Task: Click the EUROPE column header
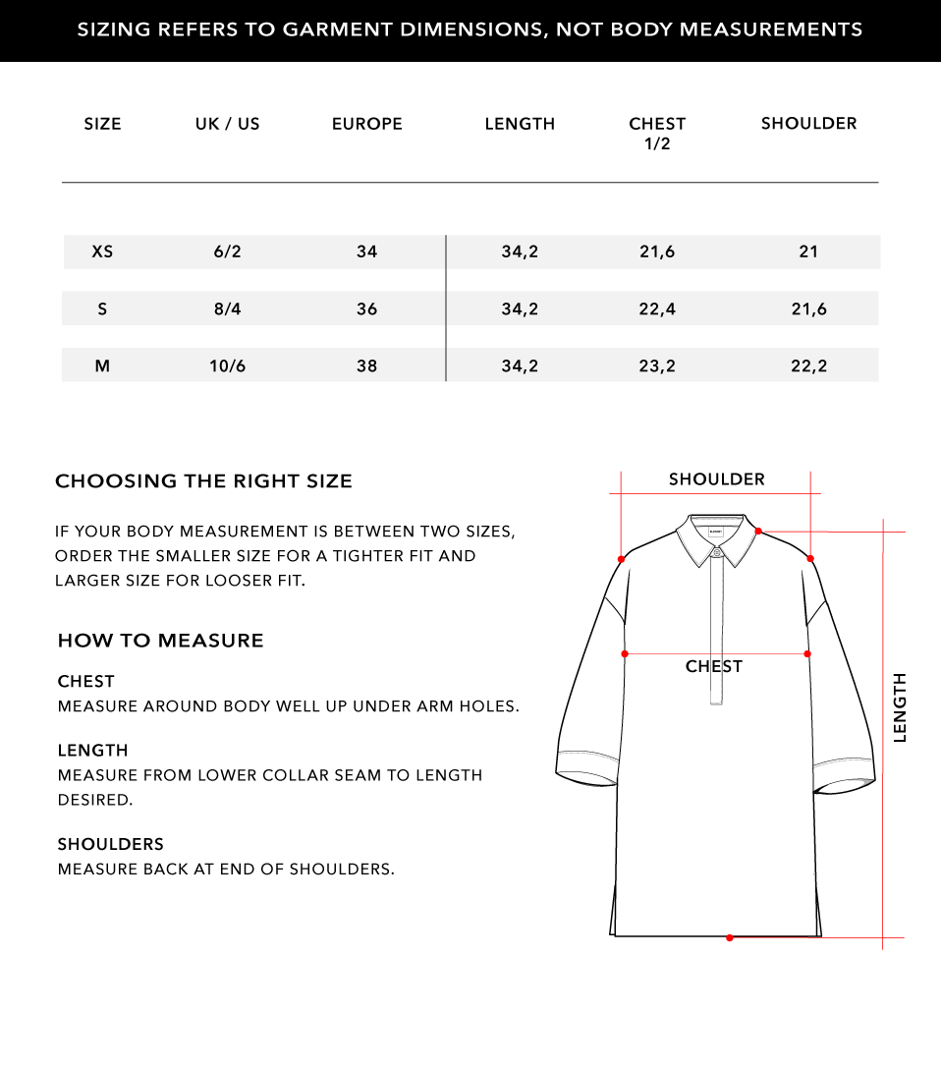pos(366,124)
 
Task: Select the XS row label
pos(102,252)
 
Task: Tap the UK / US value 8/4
pos(227,309)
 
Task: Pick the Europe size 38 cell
pos(366,366)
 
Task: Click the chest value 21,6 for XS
pos(657,252)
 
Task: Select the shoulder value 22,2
pos(808,366)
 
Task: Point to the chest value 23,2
pos(657,366)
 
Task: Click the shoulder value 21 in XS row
pos(808,252)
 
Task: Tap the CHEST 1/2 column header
pos(657,133)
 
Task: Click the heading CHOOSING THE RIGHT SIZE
pos(203,481)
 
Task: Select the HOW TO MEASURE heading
pos(160,641)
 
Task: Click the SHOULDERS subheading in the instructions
pos(110,844)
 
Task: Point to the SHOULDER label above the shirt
pos(716,479)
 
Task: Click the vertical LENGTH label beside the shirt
pos(900,707)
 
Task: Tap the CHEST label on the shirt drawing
pos(714,666)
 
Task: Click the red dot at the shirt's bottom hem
pos(729,937)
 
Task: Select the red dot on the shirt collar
pos(758,532)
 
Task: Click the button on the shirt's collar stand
pos(717,552)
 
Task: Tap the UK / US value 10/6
pos(227,366)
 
